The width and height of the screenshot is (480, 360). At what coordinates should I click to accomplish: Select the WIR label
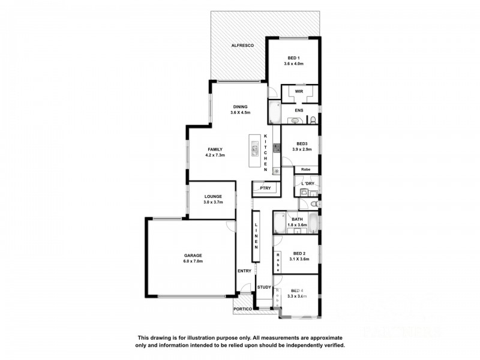coord(298,91)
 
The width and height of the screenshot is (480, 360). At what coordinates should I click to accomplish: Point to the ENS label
coord(299,110)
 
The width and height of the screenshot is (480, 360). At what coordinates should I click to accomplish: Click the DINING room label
coord(240,106)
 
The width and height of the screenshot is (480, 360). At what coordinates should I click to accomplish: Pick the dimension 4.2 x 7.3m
coord(215,155)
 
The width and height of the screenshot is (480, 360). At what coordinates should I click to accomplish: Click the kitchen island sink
coord(254,150)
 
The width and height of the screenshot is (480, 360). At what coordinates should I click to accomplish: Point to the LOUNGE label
coord(213,196)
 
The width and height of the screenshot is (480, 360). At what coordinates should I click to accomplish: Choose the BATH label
coord(298,219)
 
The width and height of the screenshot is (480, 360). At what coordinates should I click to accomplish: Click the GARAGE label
coord(194,256)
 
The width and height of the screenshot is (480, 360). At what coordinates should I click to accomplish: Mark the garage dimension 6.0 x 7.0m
coord(194,262)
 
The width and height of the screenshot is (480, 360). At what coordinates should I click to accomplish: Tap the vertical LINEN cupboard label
coord(256,236)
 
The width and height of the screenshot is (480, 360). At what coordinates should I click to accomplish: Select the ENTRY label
coord(244,271)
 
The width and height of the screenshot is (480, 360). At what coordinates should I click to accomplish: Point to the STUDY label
coord(265,287)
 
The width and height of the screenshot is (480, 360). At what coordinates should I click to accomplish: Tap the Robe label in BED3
coord(305,170)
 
